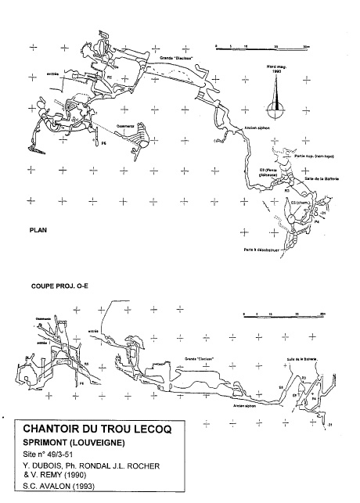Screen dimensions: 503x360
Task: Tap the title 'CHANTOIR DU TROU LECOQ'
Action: [x=97, y=428]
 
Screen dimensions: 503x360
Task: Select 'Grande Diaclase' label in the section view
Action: [x=200, y=359]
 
